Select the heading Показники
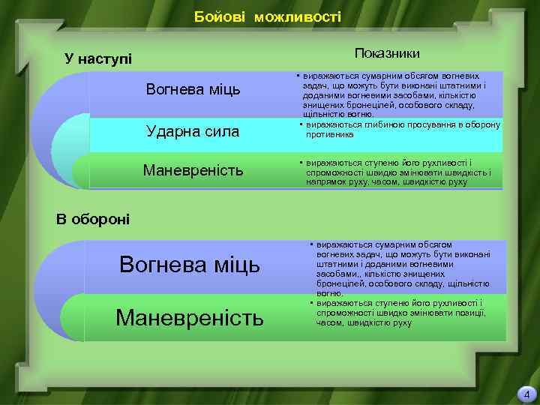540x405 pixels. pyautogui.click(x=387, y=52)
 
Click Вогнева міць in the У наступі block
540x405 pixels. pyautogui.click(x=193, y=90)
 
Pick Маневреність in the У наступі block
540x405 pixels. pyautogui.click(x=193, y=171)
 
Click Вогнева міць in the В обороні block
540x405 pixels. pyautogui.click(x=190, y=264)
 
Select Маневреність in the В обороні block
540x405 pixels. pyautogui.click(x=190, y=318)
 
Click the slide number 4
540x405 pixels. pyautogui.click(x=526, y=394)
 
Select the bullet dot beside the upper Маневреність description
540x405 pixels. pyautogui.click(x=298, y=163)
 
